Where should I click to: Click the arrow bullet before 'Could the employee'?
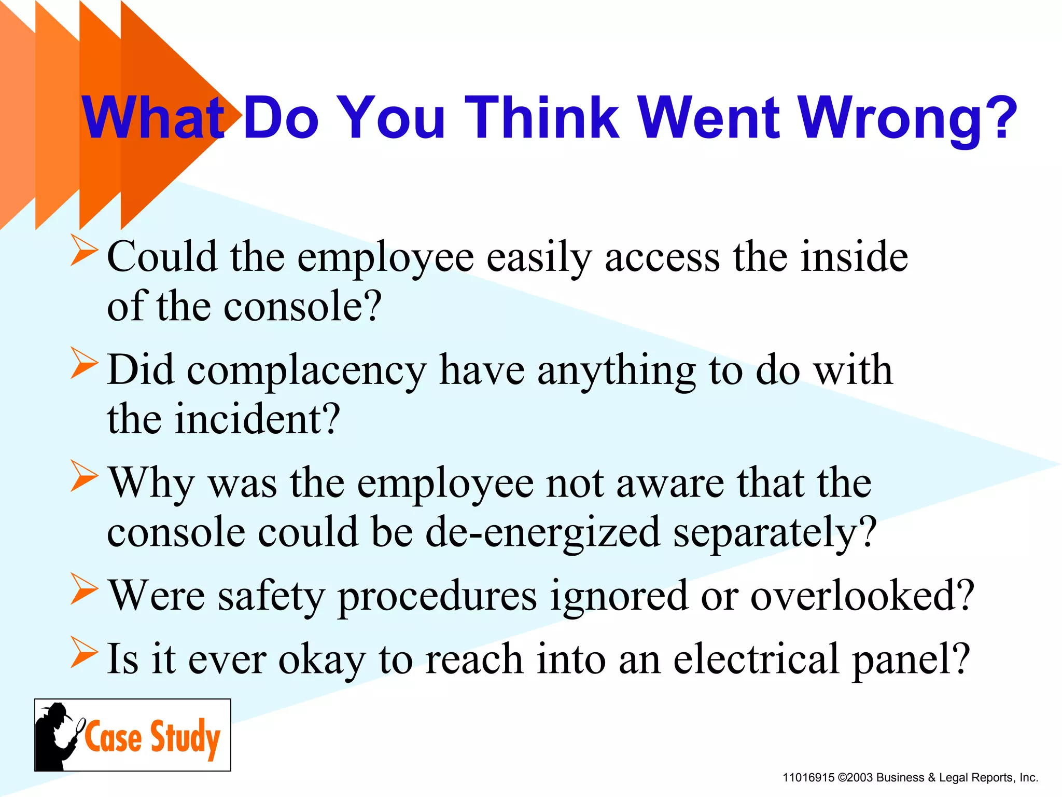coord(84,251)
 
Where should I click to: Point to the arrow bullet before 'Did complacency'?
coord(84,363)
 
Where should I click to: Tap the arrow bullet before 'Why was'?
coord(84,476)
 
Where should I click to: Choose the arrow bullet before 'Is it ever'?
coord(84,652)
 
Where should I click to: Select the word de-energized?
coord(542,532)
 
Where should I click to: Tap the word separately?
coord(775,532)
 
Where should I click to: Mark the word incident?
coord(257,419)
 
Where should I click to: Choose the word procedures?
coord(437,597)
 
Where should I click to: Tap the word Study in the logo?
coord(185,737)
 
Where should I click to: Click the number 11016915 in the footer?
coord(808,778)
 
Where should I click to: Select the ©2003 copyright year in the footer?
coord(855,778)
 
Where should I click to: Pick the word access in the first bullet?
coord(662,257)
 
